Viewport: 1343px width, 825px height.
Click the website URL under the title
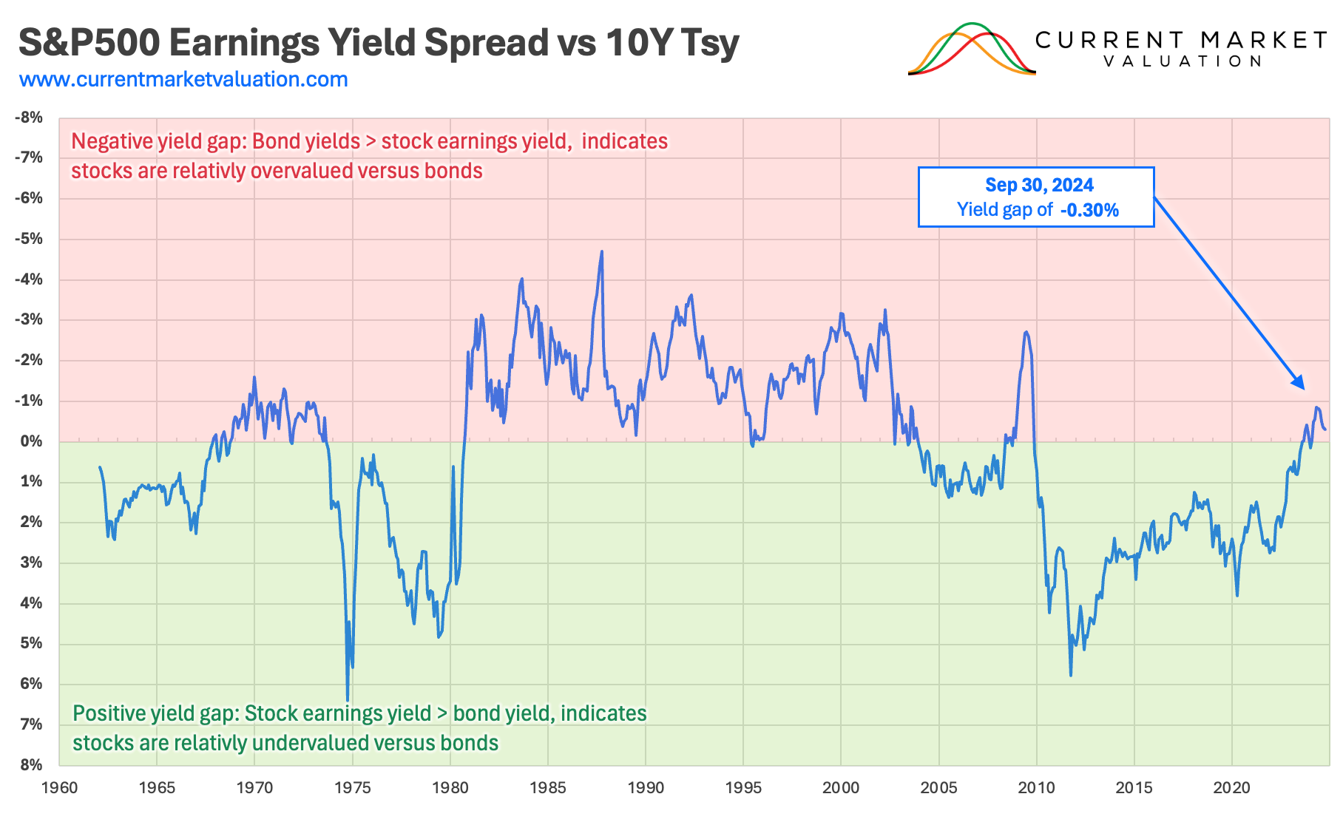coord(183,79)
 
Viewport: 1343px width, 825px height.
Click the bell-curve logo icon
coord(972,50)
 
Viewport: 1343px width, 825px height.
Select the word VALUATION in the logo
coord(1183,61)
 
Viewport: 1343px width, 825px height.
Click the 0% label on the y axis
coord(32,441)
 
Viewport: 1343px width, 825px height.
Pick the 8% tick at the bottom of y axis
coord(32,765)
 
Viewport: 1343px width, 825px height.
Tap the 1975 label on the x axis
coord(352,788)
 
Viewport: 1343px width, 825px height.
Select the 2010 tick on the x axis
coord(1036,788)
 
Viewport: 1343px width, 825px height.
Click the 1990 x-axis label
coord(646,788)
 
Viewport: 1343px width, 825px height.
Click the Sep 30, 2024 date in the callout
coord(1039,185)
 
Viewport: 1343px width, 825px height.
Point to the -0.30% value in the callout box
coord(1089,210)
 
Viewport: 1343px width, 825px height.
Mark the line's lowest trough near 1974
coord(348,699)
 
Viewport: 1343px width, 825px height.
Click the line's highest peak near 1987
coord(601,252)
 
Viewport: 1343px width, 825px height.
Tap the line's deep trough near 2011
coord(1070,674)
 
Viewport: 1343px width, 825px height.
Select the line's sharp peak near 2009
coord(1026,333)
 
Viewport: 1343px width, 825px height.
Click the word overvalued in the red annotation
coord(302,171)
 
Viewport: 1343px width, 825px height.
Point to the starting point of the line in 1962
coord(100,467)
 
